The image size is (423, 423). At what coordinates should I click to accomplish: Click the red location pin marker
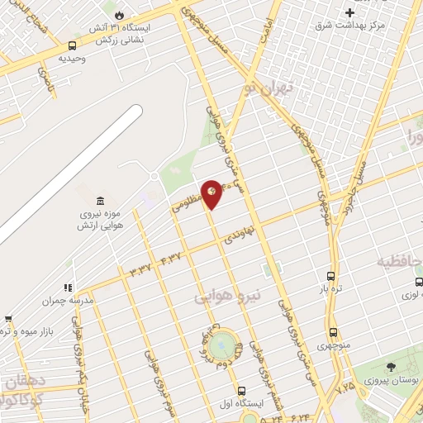click(x=211, y=193)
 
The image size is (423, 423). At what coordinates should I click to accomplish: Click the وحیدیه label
click(x=73, y=59)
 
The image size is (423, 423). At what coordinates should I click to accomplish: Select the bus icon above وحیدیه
click(x=73, y=45)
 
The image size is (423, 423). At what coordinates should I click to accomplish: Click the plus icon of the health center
click(x=350, y=12)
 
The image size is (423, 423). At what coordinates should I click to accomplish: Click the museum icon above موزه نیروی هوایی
click(x=100, y=202)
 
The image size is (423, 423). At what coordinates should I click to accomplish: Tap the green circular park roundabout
click(x=221, y=345)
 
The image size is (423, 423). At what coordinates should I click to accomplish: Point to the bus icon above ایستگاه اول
click(x=240, y=391)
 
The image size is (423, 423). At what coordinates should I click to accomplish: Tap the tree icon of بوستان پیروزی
click(x=390, y=366)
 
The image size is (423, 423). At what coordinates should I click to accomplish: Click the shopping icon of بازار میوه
click(x=7, y=318)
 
